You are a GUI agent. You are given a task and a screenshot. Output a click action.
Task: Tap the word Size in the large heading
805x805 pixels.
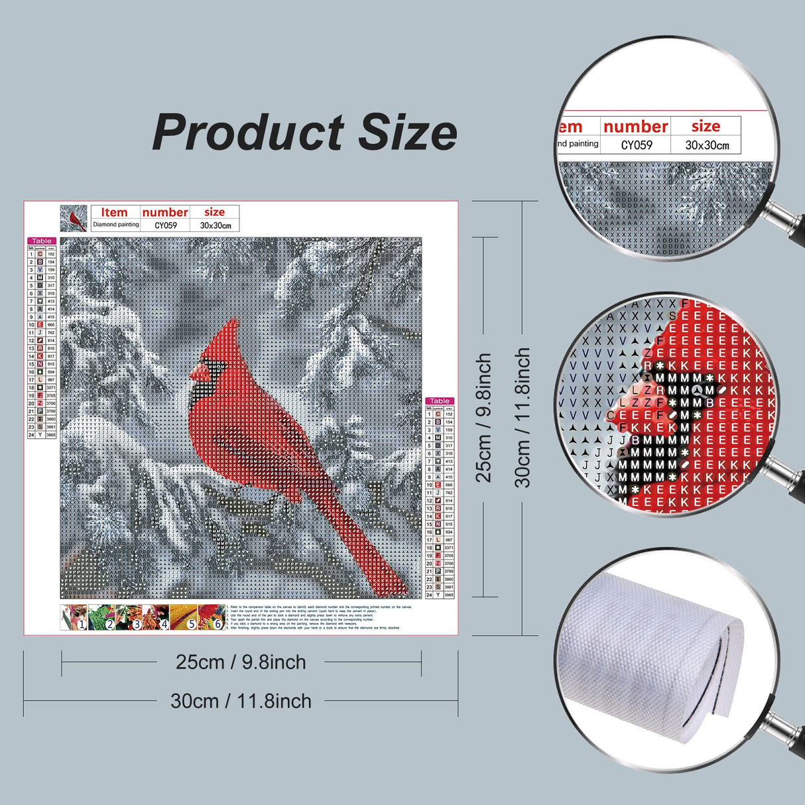pyautogui.click(x=407, y=133)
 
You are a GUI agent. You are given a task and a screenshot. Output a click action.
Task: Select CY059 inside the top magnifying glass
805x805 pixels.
pyautogui.click(x=636, y=145)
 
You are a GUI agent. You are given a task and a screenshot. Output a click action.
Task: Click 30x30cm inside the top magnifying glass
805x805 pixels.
pyautogui.click(x=707, y=145)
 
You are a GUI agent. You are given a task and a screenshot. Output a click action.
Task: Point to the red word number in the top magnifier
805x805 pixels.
pyautogui.click(x=635, y=126)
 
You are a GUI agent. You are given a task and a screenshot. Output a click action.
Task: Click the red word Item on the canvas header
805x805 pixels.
pyautogui.click(x=114, y=212)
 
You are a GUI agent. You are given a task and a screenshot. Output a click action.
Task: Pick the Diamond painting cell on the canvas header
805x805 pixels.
pyautogui.click(x=116, y=225)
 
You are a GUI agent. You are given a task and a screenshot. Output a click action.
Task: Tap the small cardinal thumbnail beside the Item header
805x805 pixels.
pyautogui.click(x=74, y=218)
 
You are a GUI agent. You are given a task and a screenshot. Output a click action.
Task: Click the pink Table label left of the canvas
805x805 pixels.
pyautogui.click(x=41, y=241)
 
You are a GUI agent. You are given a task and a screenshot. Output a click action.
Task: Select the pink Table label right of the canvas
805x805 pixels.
pyautogui.click(x=440, y=401)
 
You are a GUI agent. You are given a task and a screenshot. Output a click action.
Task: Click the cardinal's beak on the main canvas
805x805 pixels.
pyautogui.click(x=195, y=374)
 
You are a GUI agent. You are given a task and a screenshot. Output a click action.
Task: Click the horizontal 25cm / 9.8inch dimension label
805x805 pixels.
pyautogui.click(x=241, y=662)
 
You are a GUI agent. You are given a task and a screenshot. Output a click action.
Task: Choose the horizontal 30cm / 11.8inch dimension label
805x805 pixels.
pyautogui.click(x=241, y=701)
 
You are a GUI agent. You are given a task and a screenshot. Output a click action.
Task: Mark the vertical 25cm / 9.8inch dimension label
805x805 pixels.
pyautogui.click(x=484, y=418)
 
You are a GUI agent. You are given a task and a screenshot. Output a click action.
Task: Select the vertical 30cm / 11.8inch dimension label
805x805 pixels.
pyautogui.click(x=523, y=418)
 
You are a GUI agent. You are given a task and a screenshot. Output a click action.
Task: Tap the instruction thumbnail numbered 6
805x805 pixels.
pyautogui.click(x=211, y=617)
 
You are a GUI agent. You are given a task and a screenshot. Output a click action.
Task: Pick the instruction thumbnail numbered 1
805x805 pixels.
pyautogui.click(x=74, y=617)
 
